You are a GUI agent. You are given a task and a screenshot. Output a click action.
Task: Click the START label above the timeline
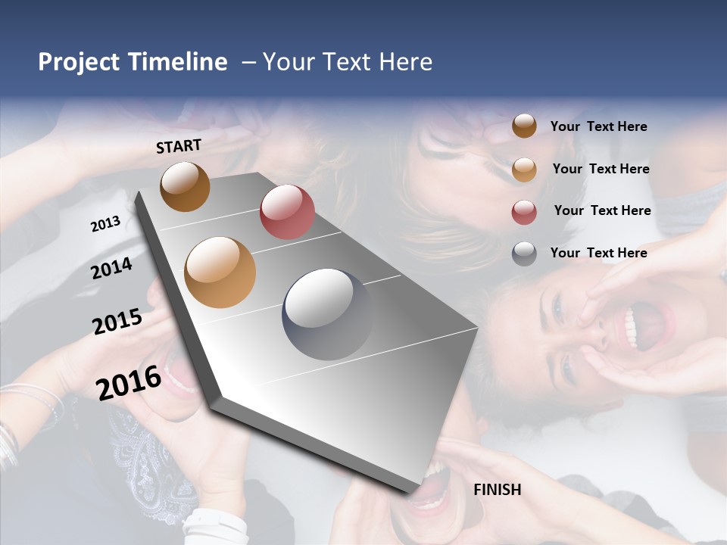179,145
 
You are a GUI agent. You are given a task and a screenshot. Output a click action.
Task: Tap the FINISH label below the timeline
497,490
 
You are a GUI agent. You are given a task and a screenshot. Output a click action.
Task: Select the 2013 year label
105,223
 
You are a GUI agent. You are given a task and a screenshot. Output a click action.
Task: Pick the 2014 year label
111,268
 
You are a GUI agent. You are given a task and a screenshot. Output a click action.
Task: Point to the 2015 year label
117,322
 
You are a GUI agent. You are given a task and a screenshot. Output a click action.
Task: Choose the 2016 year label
128,383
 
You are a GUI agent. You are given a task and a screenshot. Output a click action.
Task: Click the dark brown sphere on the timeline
185,186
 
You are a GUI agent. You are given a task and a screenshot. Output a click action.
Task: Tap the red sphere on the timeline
287,212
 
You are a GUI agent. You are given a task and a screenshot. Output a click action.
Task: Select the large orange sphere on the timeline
220,272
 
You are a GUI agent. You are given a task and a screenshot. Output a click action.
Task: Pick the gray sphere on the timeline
328,314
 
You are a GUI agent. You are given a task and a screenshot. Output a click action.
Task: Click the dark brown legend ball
524,126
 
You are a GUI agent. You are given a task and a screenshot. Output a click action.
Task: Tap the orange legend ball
524,170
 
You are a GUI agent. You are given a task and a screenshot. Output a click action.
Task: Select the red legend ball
524,212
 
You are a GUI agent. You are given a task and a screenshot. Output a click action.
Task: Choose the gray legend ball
524,254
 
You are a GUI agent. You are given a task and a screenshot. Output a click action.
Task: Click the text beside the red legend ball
602,210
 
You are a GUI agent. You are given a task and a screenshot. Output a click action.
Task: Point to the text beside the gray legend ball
598,253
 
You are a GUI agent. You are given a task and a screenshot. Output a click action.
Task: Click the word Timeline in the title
180,62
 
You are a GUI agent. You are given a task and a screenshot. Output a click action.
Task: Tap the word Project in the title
78,62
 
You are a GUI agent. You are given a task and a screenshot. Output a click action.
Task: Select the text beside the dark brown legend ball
598,126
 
